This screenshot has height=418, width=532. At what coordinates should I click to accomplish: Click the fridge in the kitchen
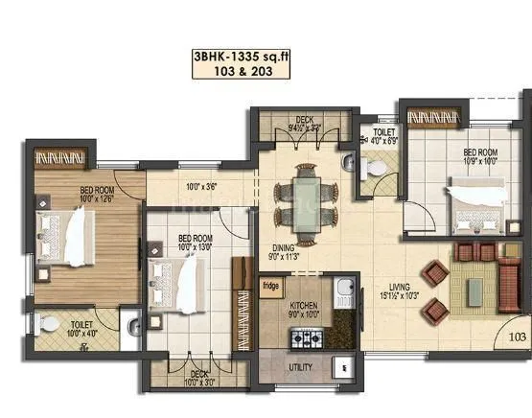tap(271, 285)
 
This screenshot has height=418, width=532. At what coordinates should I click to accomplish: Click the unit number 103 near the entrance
tap(518, 337)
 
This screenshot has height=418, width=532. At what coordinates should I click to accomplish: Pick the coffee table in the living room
tap(473, 283)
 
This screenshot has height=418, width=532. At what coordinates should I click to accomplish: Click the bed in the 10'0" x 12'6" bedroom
tap(59, 231)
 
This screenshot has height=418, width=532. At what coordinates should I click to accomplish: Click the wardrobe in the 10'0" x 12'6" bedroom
tap(61, 155)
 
